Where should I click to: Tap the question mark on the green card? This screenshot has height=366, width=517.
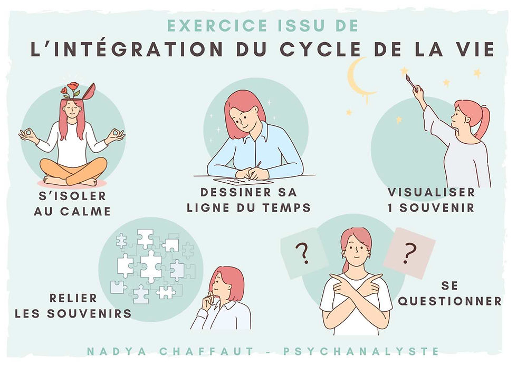tap(303, 254)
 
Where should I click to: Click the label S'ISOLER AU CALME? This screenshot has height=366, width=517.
tap(72, 204)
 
